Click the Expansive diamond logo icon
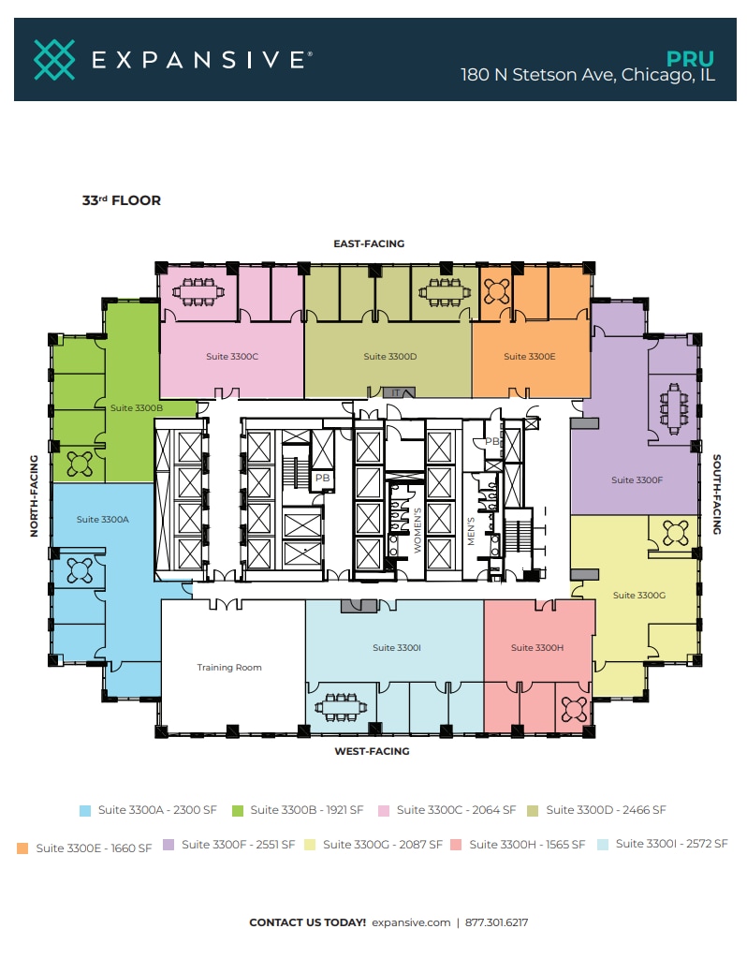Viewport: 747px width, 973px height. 54,59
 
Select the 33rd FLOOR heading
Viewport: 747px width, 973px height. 121,200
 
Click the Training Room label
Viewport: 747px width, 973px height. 229,668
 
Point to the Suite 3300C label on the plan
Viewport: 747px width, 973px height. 232,357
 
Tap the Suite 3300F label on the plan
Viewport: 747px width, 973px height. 637,480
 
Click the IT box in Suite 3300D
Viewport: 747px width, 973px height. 396,392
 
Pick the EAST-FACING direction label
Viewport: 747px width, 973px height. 369,243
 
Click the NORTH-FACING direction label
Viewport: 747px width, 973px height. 35,495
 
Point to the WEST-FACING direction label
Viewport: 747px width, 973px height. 372,751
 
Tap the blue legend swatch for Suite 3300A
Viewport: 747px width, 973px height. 85,811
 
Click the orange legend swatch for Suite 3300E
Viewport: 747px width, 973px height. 22,848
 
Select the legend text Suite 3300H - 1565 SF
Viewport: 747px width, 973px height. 527,845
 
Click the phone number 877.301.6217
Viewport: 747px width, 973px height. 497,922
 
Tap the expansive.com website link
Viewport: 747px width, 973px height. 411,922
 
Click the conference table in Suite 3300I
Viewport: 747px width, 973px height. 340,709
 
